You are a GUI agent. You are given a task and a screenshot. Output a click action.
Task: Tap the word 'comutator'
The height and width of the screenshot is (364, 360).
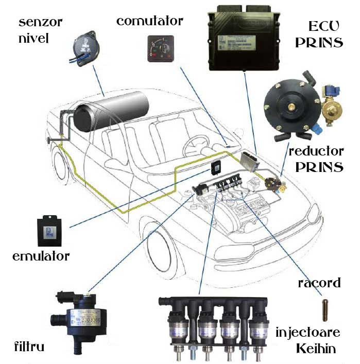149,21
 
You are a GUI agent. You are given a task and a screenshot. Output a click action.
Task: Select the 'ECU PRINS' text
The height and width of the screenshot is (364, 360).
319,34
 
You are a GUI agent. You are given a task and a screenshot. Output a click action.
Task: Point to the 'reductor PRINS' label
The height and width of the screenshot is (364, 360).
316,159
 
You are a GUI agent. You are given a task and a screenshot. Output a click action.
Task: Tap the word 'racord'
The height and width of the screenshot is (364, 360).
319,283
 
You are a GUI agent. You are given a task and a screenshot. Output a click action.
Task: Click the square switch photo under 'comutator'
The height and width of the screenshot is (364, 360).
160,49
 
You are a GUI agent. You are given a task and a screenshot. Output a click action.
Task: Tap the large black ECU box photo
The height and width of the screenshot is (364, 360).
245,41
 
